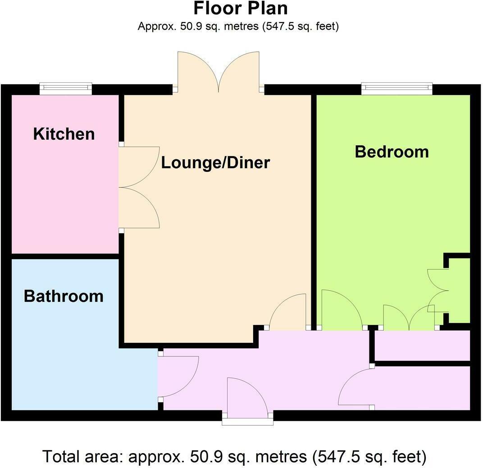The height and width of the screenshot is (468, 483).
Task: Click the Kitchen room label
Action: click(64, 134)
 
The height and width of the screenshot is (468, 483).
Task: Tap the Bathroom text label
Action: click(64, 296)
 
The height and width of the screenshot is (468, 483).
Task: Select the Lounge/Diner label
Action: click(215, 162)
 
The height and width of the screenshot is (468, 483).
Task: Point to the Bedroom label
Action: click(392, 151)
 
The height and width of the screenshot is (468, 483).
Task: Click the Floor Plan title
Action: click(241, 9)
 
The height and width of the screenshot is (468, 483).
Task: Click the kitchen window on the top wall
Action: click(66, 89)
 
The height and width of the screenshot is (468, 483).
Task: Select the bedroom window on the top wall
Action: click(397, 89)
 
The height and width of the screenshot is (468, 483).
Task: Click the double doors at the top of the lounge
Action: click(219, 72)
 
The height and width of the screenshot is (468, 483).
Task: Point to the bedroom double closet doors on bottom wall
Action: click(409, 318)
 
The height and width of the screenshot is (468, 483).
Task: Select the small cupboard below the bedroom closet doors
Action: click(422, 345)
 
